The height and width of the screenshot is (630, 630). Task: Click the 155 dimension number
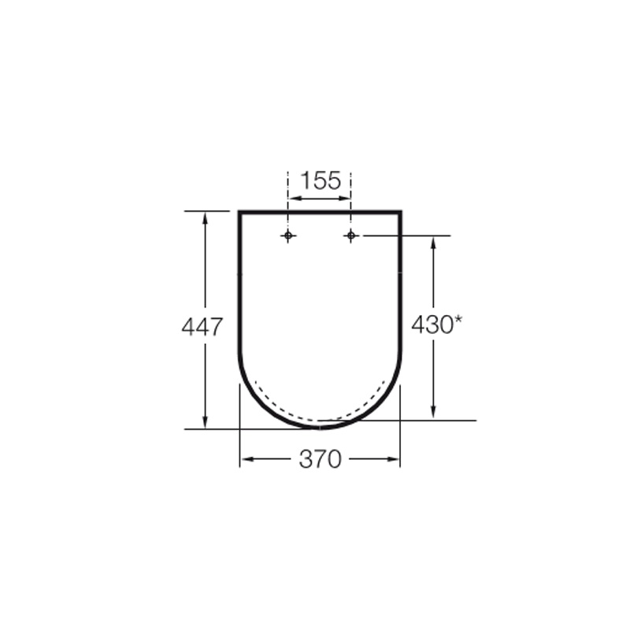pos(321,181)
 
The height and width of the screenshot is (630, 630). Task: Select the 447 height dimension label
pos(202,326)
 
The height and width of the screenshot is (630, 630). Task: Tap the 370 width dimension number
pos(321,459)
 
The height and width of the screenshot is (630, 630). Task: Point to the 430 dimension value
pos(432,324)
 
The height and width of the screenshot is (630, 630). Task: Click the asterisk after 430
pos(458,321)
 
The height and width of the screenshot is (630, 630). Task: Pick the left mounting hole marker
pos(288,235)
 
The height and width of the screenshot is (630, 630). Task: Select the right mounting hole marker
pos(351,235)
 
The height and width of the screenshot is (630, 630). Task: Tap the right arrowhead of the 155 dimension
pos(344,198)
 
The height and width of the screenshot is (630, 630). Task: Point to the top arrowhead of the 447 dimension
pos(205,219)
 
